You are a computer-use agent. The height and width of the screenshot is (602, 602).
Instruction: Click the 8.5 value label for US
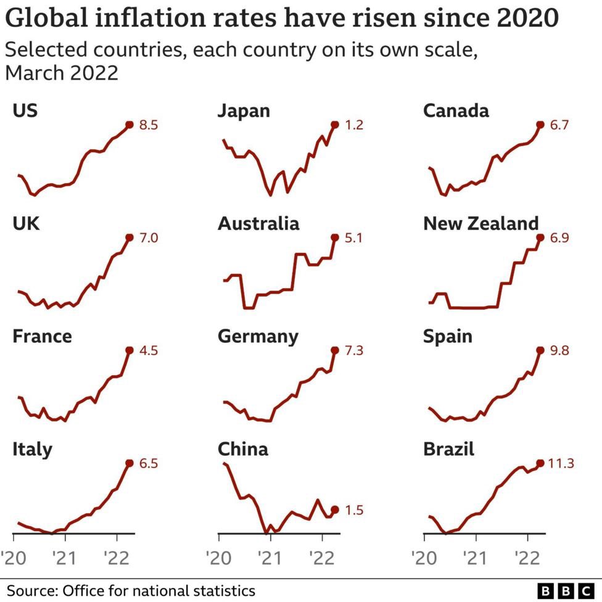149,125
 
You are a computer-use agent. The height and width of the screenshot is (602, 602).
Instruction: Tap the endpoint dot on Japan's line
335,125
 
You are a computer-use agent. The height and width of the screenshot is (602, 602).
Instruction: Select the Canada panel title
456,110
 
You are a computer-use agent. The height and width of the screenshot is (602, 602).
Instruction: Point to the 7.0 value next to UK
149,237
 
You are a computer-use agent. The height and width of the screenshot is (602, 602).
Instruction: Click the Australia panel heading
258,223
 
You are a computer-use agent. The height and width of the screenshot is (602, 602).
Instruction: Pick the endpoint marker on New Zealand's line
540,237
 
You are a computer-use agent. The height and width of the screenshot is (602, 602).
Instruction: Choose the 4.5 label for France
149,350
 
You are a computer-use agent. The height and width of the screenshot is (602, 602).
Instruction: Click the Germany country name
258,336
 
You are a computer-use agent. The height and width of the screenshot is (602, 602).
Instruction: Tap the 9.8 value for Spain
559,350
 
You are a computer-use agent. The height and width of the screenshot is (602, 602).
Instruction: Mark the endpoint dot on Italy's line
130,463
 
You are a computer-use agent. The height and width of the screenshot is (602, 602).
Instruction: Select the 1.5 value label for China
354,510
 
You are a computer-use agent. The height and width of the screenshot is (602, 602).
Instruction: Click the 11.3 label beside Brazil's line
561,463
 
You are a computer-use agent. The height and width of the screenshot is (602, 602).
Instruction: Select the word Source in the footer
30,590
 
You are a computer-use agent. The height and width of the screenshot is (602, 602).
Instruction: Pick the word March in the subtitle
35,73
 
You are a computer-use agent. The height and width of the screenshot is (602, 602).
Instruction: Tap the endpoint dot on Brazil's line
540,463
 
